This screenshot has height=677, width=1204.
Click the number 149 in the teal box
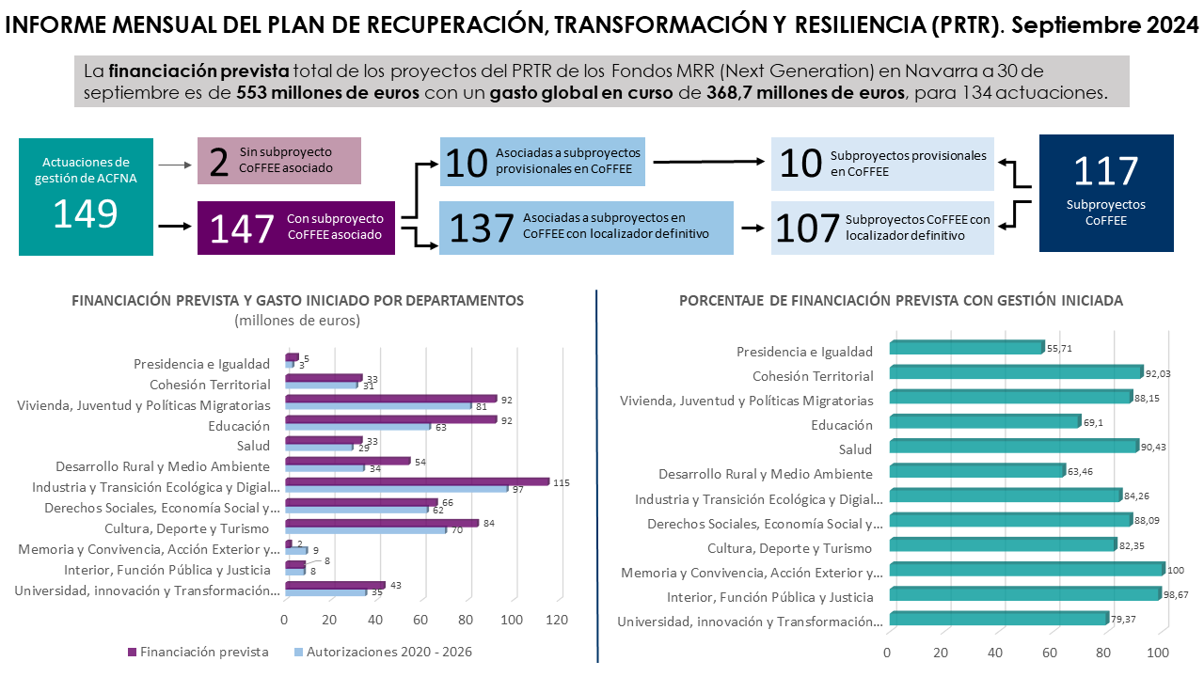pyautogui.click(x=85, y=214)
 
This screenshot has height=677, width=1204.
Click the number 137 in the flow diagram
pyautogui.click(x=481, y=228)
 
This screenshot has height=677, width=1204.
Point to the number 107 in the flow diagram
pyautogui.click(x=805, y=228)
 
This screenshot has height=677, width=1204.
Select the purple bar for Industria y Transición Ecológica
pyautogui.click(x=417, y=482)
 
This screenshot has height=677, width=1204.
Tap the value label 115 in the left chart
pyautogui.click(x=562, y=482)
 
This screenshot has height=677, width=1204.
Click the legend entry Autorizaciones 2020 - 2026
pyautogui.click(x=383, y=652)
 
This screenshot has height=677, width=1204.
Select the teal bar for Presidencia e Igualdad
pyautogui.click(x=965, y=347)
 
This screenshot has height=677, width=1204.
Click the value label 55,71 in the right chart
pyautogui.click(x=1059, y=348)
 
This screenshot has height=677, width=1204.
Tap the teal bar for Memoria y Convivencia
pyautogui.click(x=1025, y=569)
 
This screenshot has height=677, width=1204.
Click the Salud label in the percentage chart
pyautogui.click(x=855, y=449)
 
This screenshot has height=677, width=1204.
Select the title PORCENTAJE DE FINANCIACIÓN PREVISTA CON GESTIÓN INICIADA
pyautogui.click(x=900, y=301)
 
